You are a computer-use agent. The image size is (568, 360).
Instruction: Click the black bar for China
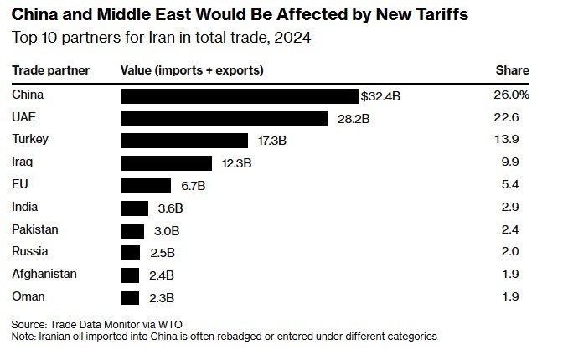coord(239,96)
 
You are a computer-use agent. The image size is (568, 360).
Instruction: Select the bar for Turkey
coord(184,141)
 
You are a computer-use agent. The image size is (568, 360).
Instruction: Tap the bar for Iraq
coord(166,163)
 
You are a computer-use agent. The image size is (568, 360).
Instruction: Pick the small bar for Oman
coord(130,297)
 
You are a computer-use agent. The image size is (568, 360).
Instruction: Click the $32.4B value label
coord(380,96)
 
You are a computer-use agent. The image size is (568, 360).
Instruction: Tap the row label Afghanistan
coord(44,274)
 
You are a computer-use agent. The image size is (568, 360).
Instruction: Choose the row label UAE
coord(23,118)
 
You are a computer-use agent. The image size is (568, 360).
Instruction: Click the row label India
coord(25,207)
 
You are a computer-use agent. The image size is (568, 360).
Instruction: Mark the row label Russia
coord(30,251)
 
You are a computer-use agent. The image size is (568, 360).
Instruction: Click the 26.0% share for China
coord(511,95)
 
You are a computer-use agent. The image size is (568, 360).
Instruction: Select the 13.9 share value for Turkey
coord(508,141)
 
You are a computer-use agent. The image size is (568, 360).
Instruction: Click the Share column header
coord(513,70)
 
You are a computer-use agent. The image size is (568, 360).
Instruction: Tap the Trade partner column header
coord(50,70)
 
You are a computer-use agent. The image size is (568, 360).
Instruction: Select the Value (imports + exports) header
coord(192,70)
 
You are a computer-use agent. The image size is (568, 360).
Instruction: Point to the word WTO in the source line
coord(170,324)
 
